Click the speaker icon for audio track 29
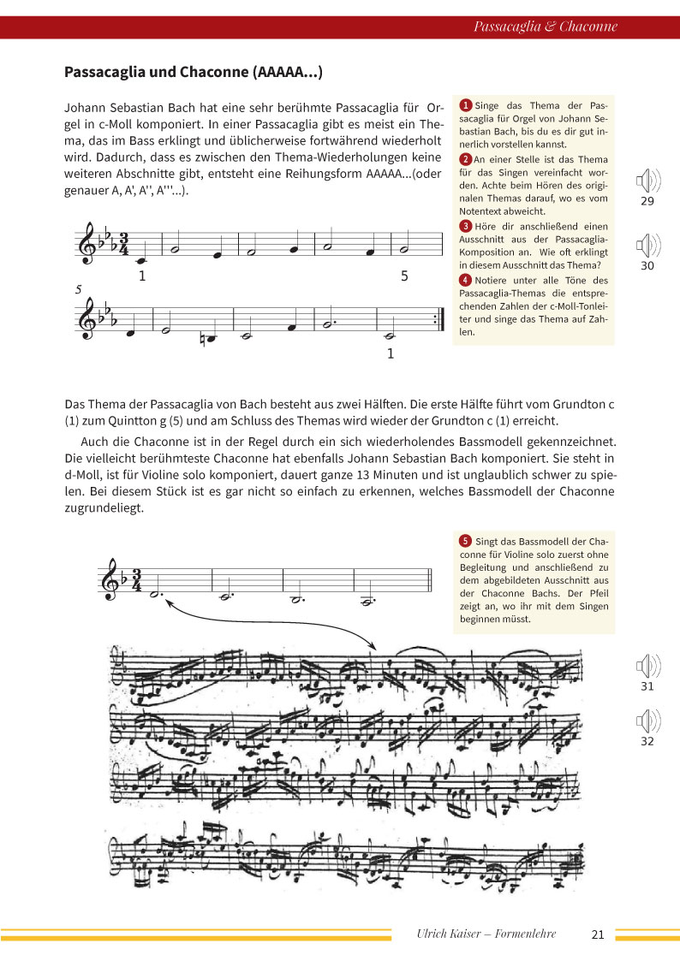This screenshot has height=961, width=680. click(647, 181)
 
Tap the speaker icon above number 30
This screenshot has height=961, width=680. click(647, 247)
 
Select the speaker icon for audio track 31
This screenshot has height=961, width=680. click(647, 667)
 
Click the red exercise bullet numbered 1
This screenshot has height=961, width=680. click(465, 104)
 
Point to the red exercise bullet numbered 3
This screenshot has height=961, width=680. click(465, 226)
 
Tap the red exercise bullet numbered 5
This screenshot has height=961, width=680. click(465, 541)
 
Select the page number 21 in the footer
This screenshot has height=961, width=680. click(598, 934)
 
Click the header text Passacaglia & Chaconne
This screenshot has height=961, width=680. click(545, 27)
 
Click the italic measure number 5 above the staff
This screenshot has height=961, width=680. click(79, 290)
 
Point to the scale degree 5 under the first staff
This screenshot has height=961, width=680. click(405, 276)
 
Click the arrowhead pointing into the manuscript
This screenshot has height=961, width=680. click(373, 646)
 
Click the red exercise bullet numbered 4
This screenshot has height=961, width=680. click(465, 280)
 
